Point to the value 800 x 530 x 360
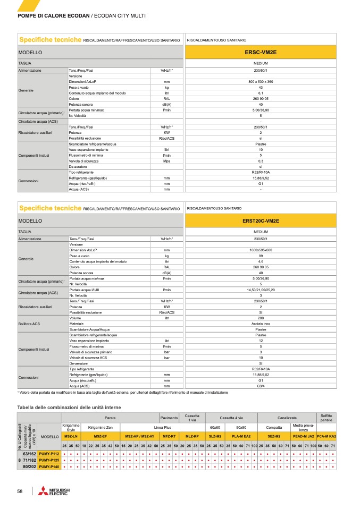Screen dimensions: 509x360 261,82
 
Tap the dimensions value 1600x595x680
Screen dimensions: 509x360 261,250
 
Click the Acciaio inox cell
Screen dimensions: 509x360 261,324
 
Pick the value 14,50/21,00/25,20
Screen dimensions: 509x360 261,290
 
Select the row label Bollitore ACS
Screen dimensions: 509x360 29,324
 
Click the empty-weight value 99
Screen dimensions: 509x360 261,256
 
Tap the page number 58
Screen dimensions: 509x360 20,491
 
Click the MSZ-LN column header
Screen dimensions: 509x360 71,436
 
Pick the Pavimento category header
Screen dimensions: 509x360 169,418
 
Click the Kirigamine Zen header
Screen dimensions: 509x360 101,427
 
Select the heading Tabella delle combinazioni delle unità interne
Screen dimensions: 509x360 69,407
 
